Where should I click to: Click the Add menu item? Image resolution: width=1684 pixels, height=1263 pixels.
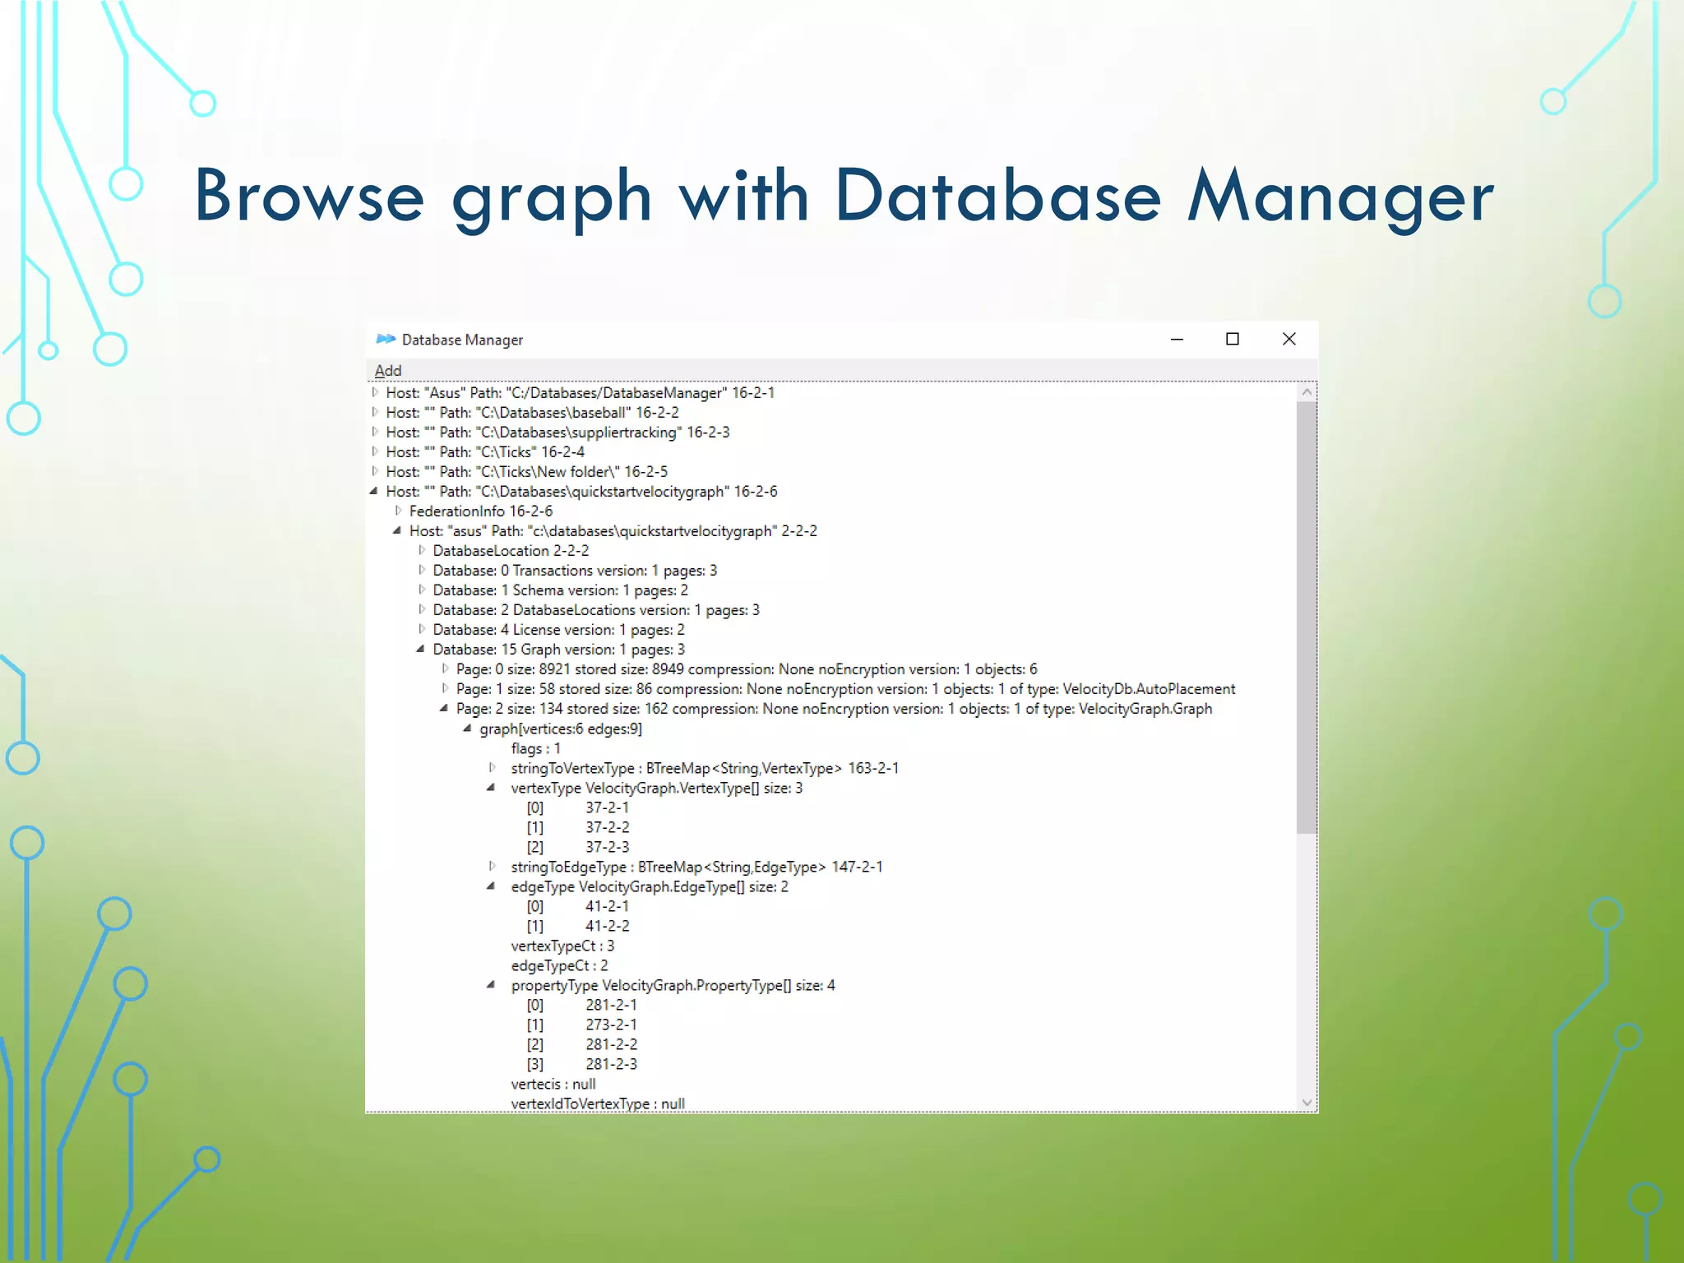(x=388, y=371)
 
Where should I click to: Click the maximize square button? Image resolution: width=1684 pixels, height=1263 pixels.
(x=1232, y=339)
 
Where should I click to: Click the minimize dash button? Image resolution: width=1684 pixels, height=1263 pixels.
(x=1177, y=339)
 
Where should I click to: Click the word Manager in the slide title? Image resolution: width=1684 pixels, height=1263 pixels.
(x=1340, y=197)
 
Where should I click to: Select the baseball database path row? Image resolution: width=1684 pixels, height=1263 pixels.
(x=532, y=413)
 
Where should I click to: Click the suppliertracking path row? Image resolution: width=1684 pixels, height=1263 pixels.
(x=557, y=433)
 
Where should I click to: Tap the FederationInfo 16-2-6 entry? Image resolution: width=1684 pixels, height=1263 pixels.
(x=480, y=511)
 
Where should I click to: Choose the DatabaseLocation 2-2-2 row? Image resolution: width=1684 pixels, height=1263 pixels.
(x=511, y=551)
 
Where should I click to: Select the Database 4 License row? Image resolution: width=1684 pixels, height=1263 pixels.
(x=558, y=630)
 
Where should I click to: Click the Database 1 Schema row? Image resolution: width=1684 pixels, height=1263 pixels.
(x=560, y=590)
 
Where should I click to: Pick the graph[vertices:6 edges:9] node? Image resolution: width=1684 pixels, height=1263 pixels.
(x=561, y=729)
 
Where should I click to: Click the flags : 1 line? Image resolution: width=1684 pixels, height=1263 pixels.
(x=535, y=748)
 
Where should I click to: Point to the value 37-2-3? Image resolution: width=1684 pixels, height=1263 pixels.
(x=607, y=847)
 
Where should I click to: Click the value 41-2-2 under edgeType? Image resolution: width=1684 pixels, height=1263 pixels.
(x=607, y=926)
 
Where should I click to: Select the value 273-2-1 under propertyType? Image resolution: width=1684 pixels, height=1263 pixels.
(x=611, y=1025)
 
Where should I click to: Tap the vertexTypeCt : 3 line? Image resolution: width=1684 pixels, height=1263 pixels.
(x=562, y=946)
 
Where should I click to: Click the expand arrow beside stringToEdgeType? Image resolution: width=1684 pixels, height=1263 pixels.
(x=492, y=866)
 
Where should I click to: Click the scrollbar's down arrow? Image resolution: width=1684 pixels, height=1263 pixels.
(x=1307, y=1103)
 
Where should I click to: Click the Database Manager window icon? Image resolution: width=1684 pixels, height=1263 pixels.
(x=385, y=339)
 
